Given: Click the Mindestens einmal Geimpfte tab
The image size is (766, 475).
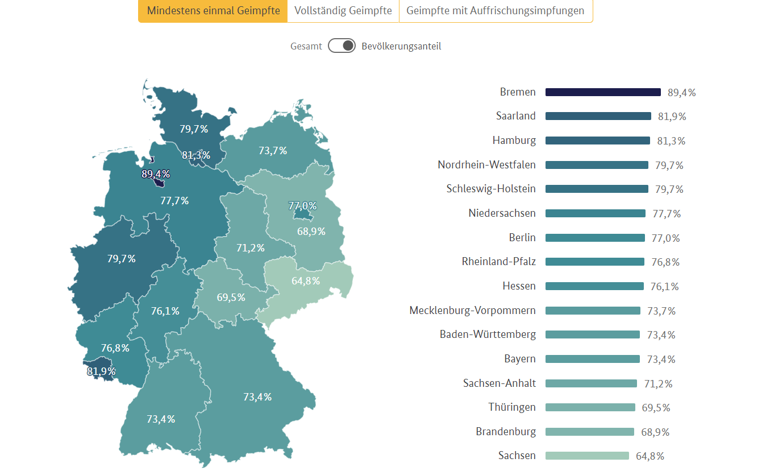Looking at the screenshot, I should coord(213,11).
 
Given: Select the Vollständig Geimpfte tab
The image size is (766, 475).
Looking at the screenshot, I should coord(343,11).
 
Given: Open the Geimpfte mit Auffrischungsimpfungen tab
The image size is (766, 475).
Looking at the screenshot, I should coord(496,11).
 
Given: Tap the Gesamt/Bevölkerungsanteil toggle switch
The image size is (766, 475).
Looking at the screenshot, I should coord(342,46).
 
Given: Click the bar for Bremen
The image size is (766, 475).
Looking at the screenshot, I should coord(603,92).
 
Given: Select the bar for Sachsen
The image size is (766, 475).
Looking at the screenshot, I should coord(587,456).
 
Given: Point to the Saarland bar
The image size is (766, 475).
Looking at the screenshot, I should coord(598,116).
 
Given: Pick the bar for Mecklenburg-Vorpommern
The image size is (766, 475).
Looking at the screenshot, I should coord(593,311).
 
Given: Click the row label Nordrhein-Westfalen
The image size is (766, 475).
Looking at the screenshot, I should coord(486,165).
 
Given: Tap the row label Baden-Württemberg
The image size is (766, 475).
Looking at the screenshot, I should coord(488,334).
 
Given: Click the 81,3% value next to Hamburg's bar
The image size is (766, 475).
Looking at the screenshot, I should coord(671,141).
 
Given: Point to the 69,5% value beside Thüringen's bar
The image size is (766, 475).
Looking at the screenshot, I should coord(656,408).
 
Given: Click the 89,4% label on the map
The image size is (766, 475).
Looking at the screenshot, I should coord(156,174).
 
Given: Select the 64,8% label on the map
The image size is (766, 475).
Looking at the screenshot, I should coord(306,281).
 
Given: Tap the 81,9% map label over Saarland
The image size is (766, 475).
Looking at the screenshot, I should coord(102,371).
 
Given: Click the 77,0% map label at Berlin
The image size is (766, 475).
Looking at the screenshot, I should coord(302,206).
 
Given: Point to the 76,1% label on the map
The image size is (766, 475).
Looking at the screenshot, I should coord(165,311).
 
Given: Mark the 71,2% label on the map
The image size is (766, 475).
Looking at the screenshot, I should coord(251,248).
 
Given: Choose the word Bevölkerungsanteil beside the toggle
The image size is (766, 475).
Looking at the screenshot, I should coord(401,46).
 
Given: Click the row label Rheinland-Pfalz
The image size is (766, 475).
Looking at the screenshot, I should coord(499,262).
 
